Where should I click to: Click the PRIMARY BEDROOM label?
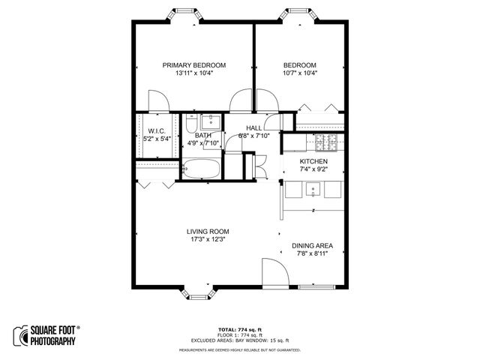pyautogui.click(x=194, y=65)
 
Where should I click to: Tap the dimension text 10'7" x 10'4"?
pyautogui.click(x=299, y=73)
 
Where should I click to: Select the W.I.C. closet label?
pyautogui.click(x=157, y=130)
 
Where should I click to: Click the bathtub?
pyautogui.click(x=200, y=169)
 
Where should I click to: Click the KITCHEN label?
pyautogui.click(x=314, y=161)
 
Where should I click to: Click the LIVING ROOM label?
pyautogui.click(x=208, y=231)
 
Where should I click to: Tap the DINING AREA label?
pyautogui.click(x=312, y=245)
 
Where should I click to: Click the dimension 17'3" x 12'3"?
pyautogui.click(x=208, y=240)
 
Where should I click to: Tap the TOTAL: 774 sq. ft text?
pyautogui.click(x=240, y=329)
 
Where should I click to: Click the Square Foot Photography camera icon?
pyautogui.click(x=20, y=335)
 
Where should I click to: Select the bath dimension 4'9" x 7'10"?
pyautogui.click(x=202, y=143)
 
